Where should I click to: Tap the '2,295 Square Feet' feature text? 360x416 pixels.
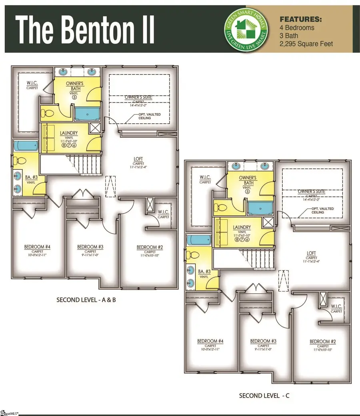coord(306,44)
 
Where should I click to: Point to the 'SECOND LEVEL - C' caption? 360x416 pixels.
coord(264,396)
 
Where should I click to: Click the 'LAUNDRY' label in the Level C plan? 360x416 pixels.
coord(242,227)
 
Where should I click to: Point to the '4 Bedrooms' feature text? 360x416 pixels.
coord(296,28)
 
